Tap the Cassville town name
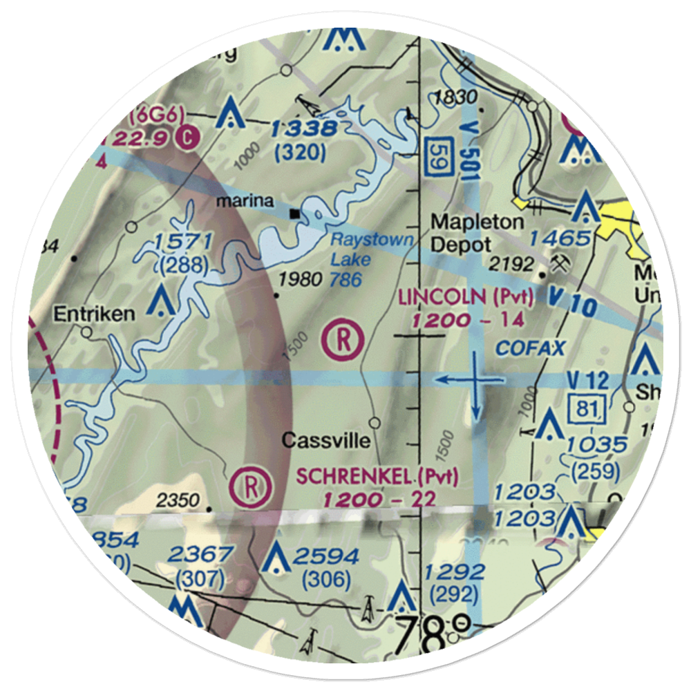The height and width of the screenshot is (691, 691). pos(326,440)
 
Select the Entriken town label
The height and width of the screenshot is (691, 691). pos(95,314)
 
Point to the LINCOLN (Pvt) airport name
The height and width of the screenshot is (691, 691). pos(466,299)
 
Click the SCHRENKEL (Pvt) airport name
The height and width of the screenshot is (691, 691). pos(377,475)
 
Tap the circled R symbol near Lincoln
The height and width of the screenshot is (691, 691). pos(343,340)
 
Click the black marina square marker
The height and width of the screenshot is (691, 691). pos(296,214)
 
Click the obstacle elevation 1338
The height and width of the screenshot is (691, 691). pos(303,129)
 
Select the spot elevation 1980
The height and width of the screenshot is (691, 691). pos(301,280)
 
